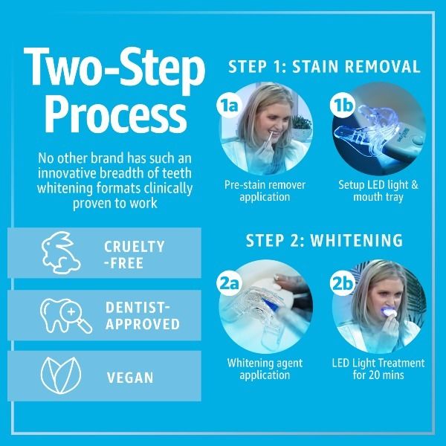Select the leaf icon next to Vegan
tap(57, 376)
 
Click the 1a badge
tap(228, 105)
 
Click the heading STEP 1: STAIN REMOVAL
tap(324, 66)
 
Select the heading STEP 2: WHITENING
tap(324, 241)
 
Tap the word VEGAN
tap(130, 378)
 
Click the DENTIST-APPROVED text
tap(142, 316)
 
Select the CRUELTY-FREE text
tap(135, 254)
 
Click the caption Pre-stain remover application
tap(265, 191)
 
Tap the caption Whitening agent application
tap(265, 369)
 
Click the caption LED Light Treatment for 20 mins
tap(378, 369)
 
